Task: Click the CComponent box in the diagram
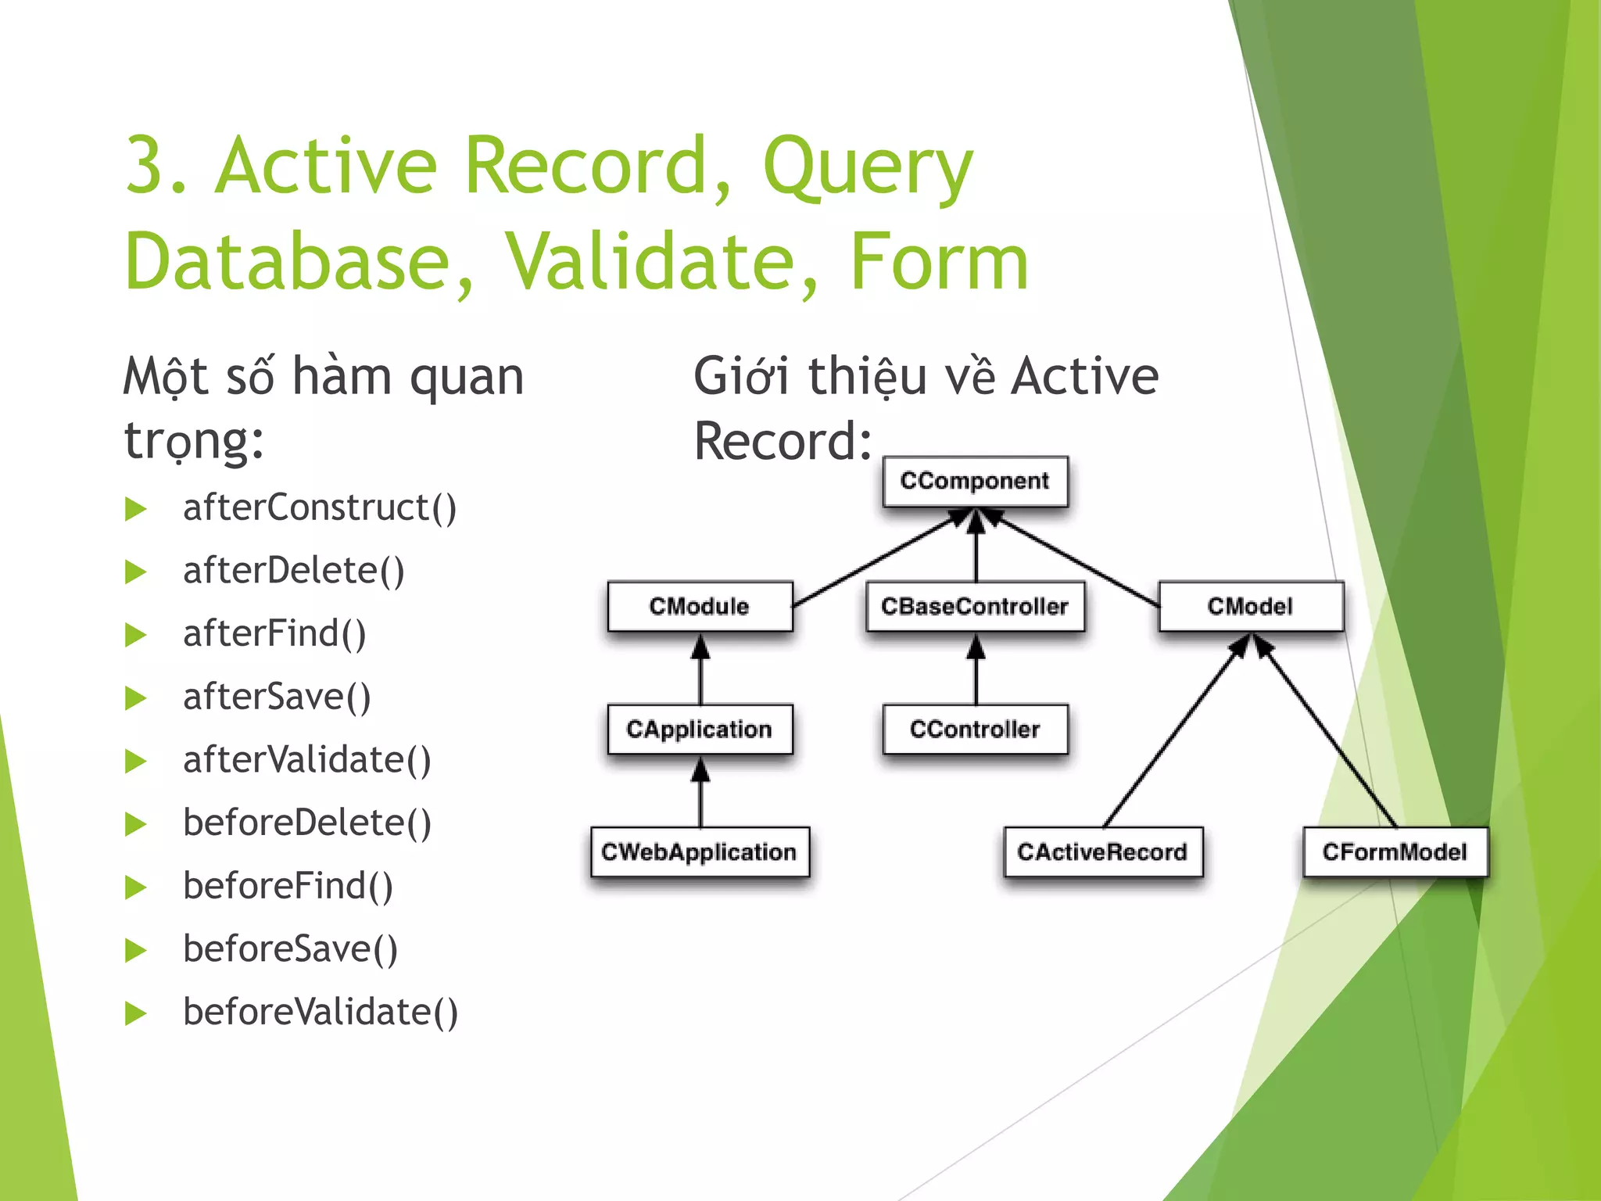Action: tap(975, 481)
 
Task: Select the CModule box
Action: tap(700, 606)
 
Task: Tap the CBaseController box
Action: tap(975, 606)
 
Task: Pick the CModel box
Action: tap(1250, 606)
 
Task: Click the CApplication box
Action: tap(700, 729)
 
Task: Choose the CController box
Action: tap(975, 729)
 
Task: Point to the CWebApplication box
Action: tap(700, 851)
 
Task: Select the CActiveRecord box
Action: tap(1102, 851)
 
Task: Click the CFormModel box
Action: tap(1395, 851)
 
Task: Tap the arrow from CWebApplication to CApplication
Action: tap(700, 794)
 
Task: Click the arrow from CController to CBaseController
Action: tap(976, 671)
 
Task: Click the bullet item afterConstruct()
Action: tap(320, 508)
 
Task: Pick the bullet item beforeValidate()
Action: tap(321, 1013)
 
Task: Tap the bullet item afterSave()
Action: tap(277, 697)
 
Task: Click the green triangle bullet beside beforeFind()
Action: tap(136, 887)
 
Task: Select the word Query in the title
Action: tap(868, 168)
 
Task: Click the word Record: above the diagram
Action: tap(783, 442)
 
